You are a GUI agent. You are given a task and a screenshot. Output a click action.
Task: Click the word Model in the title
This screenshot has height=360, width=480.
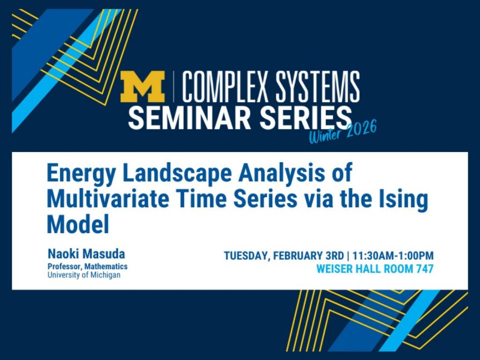point(78,224)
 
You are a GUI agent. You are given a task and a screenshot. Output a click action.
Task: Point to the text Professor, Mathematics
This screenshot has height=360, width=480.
point(88,267)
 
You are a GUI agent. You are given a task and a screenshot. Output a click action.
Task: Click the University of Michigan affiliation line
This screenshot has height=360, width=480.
point(84,275)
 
